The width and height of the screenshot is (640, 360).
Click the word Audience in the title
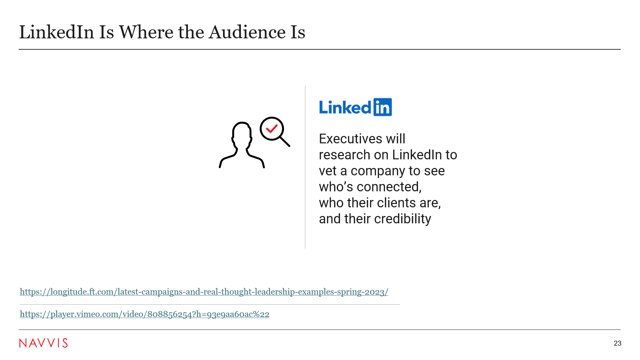click(247, 32)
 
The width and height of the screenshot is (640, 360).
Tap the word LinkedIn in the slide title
click(57, 32)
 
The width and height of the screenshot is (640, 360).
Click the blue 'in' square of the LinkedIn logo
click(383, 107)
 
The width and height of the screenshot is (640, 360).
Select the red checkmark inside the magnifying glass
click(272, 128)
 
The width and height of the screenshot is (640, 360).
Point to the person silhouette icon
click(242, 145)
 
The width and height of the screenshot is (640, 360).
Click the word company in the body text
click(378, 171)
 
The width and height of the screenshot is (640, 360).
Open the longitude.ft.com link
click(204, 292)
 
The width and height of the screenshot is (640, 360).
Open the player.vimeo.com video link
click(144, 314)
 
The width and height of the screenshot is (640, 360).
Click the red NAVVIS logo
click(43, 343)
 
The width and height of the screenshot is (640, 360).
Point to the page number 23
click(617, 343)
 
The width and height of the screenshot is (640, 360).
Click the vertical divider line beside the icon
click(305, 167)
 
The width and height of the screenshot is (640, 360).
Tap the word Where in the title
click(146, 32)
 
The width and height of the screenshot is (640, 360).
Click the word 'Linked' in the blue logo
click(345, 107)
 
